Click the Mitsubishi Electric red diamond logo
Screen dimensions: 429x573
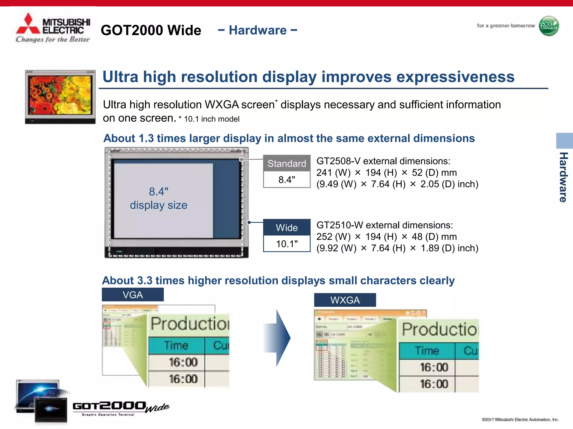(x=28, y=25)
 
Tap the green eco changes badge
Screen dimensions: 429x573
(x=549, y=26)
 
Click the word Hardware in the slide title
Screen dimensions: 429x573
(x=257, y=30)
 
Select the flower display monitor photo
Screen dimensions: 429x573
(x=60, y=96)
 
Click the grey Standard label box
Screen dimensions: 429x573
(x=287, y=163)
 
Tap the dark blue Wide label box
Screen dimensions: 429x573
(x=287, y=227)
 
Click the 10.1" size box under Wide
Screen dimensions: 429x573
(x=287, y=244)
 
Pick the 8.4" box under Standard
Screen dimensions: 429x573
(x=287, y=180)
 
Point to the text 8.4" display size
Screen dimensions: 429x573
(x=159, y=198)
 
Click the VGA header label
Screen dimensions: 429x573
(x=133, y=295)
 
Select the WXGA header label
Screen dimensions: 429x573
(x=345, y=300)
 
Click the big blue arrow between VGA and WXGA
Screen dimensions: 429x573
(x=277, y=338)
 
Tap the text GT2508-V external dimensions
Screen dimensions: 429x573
(x=383, y=161)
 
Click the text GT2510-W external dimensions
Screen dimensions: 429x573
(x=384, y=225)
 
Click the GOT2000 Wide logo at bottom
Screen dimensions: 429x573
(x=120, y=408)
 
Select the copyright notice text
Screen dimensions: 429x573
(x=520, y=420)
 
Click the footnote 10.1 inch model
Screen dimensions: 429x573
(x=212, y=119)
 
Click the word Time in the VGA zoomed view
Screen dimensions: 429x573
(x=176, y=345)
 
